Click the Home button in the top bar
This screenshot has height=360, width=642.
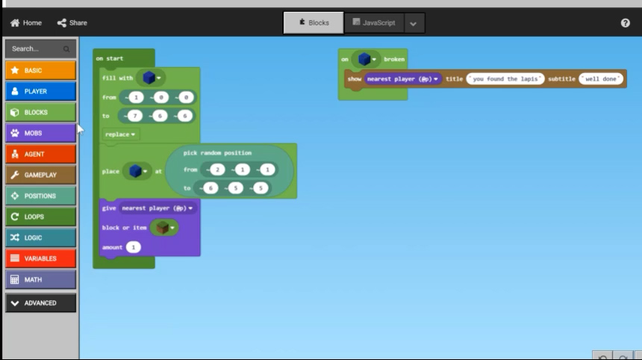tap(26, 23)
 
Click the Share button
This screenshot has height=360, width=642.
tap(72, 23)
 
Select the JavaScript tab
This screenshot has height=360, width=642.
tap(374, 23)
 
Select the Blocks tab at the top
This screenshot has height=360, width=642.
tap(314, 23)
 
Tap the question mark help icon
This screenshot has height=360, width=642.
tap(625, 23)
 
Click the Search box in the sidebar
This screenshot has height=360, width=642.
tap(40, 49)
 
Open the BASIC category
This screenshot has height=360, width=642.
tap(40, 70)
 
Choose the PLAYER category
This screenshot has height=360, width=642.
tap(40, 91)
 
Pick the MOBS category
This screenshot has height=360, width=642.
tap(40, 133)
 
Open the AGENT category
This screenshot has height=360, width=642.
tap(40, 154)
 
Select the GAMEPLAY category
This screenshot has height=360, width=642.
tap(40, 175)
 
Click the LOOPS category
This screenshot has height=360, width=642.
tap(40, 217)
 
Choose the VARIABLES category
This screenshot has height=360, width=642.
tap(40, 258)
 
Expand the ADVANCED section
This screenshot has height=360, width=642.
tap(40, 303)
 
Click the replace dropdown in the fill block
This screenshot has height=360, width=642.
tap(120, 134)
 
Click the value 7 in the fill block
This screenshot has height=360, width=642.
tap(134, 116)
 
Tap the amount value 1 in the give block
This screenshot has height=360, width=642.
tap(134, 247)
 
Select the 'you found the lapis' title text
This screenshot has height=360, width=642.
tap(505, 79)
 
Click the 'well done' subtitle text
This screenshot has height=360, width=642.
tap(601, 79)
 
